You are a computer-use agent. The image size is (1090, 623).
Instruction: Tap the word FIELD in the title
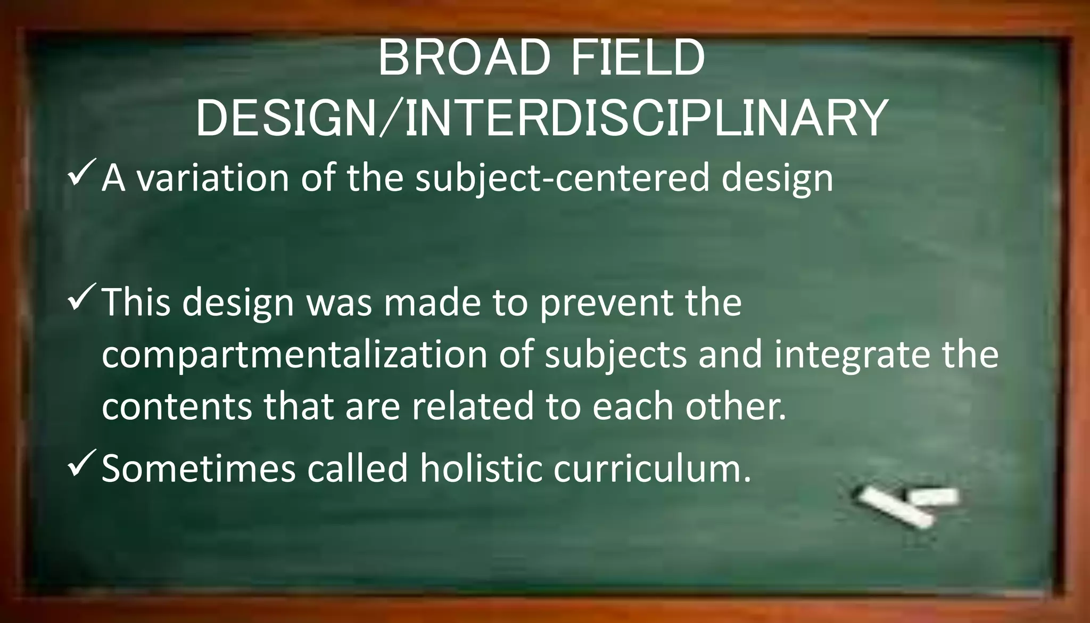(637, 59)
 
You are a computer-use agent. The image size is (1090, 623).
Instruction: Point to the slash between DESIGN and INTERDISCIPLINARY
(390, 119)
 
